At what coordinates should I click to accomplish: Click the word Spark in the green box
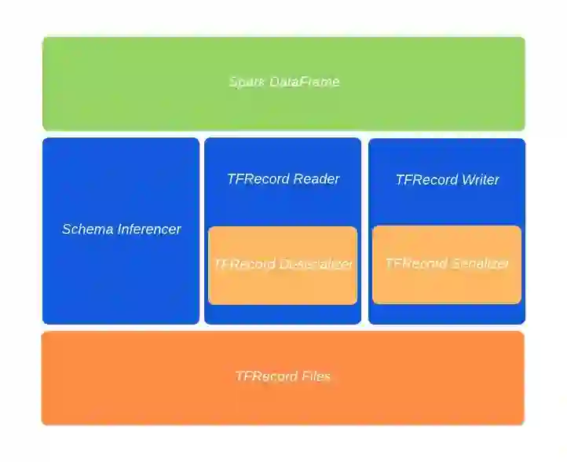pos(247,82)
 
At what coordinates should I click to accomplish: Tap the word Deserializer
pos(315,264)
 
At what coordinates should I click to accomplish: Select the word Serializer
pos(479,263)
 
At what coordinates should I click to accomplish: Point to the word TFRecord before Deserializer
pos(244,264)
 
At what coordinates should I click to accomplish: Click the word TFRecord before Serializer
pos(416,263)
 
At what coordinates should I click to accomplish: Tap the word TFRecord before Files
pos(266,376)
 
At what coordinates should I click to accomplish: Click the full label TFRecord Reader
pos(283,179)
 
